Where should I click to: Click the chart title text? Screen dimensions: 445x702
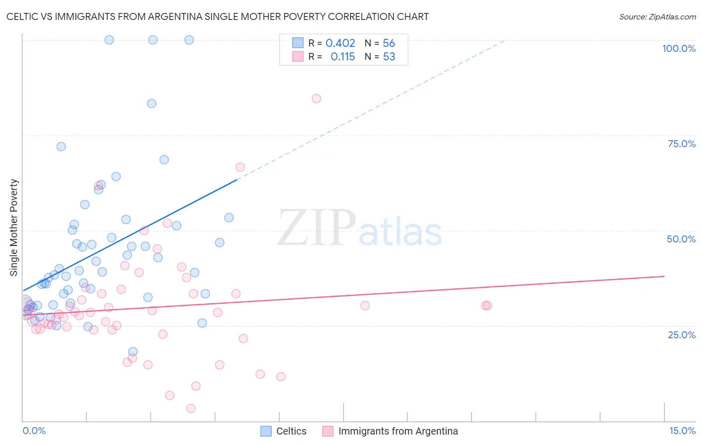click(218, 16)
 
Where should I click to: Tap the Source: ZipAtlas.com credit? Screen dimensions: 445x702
click(657, 16)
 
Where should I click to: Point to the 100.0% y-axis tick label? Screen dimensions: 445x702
click(679, 48)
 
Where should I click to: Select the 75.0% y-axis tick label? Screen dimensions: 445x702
click(682, 144)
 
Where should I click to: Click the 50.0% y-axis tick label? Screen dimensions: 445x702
click(681, 239)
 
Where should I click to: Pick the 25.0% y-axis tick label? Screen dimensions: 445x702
click(682, 334)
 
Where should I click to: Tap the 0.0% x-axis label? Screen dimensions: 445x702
click(34, 431)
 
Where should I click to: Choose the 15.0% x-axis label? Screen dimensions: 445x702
click(682, 431)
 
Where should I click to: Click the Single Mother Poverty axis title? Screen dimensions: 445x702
click(14, 227)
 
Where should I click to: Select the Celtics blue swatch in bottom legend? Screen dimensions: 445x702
click(266, 431)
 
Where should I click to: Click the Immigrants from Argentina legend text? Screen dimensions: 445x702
click(398, 431)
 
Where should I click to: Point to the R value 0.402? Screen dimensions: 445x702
click(340, 43)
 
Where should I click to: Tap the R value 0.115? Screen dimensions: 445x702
click(343, 57)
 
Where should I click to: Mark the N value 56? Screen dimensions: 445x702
click(389, 43)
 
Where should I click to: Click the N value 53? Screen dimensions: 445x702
click(389, 57)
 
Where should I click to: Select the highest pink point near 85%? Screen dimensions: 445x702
click(316, 98)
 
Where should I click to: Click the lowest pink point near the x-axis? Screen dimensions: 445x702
click(191, 409)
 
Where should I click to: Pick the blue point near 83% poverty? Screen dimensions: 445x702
click(152, 103)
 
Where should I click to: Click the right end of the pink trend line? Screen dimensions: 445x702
click(664, 276)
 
